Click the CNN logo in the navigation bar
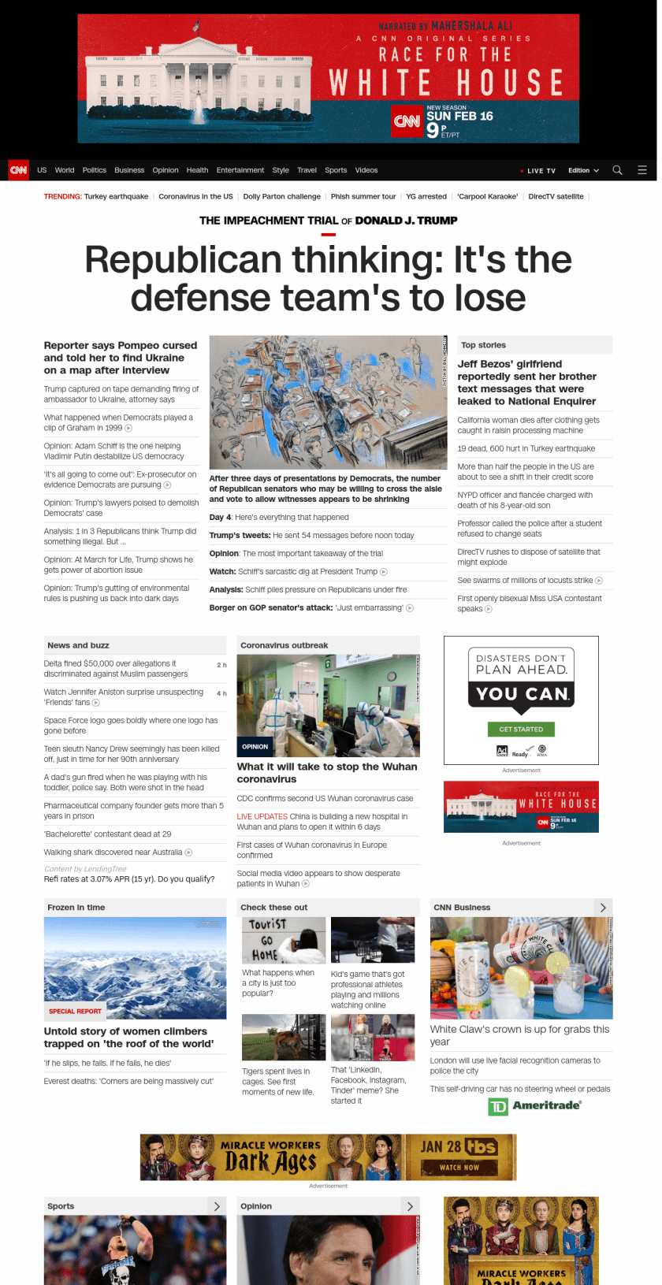(x=18, y=170)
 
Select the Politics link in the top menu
(x=95, y=170)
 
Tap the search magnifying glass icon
(x=618, y=170)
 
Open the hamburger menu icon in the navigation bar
(x=642, y=170)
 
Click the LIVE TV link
(x=540, y=171)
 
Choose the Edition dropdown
(x=583, y=170)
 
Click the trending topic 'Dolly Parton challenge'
(x=281, y=197)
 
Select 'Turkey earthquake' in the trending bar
(x=116, y=197)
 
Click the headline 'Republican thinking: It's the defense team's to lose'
(x=328, y=278)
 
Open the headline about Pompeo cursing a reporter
(x=121, y=358)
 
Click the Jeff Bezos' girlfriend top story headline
(x=526, y=382)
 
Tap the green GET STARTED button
(x=521, y=730)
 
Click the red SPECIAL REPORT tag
(x=75, y=1011)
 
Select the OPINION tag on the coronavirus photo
(x=255, y=746)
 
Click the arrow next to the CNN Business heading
(x=603, y=908)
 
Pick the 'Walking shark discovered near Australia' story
(x=113, y=852)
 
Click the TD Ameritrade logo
(x=535, y=1106)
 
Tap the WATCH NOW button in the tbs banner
(x=459, y=1168)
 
